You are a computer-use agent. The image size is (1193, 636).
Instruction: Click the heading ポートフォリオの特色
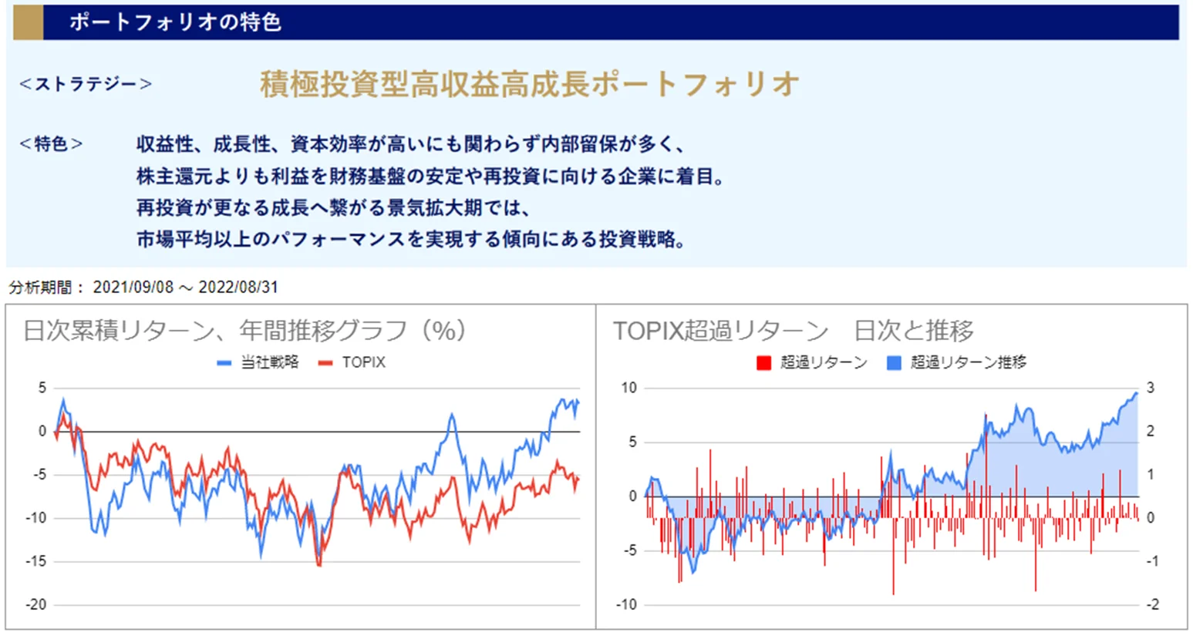click(175, 22)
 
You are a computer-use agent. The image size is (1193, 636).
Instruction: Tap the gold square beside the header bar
click(28, 22)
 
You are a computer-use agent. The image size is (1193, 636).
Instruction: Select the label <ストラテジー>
click(86, 84)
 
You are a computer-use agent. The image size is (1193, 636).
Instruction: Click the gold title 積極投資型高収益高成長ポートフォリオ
click(529, 84)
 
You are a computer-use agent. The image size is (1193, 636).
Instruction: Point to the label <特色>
click(51, 144)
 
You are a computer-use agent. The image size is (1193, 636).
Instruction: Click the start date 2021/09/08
click(133, 288)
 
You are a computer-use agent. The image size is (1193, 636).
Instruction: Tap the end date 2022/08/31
click(238, 288)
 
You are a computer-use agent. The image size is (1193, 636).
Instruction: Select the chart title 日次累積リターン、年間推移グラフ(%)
click(244, 331)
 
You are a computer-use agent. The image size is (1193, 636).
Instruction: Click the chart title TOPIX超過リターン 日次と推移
click(793, 331)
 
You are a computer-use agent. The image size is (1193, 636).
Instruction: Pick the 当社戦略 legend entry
click(258, 362)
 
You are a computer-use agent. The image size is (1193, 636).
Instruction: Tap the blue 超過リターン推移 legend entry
click(957, 362)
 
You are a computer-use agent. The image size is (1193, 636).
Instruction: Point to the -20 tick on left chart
click(36, 604)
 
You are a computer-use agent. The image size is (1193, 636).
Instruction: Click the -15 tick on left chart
click(36, 561)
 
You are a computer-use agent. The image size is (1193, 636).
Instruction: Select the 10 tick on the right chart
click(629, 388)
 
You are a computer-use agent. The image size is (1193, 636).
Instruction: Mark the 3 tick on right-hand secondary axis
click(1150, 388)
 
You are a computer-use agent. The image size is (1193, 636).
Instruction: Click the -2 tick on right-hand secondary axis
click(1151, 604)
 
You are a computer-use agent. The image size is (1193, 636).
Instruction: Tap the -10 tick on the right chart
click(627, 604)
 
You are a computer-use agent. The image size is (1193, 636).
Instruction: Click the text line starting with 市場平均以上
click(411, 240)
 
